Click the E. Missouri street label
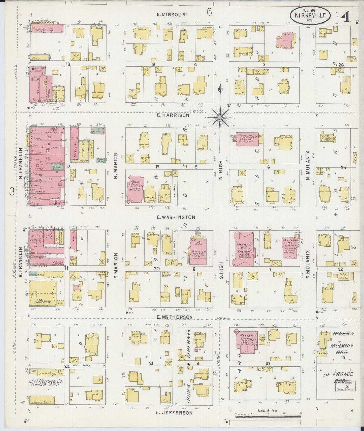[172, 15]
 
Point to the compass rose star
[220, 117]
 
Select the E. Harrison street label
[173, 115]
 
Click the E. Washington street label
[176, 217]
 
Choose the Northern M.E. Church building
[243, 248]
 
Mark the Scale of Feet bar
[268, 417]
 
